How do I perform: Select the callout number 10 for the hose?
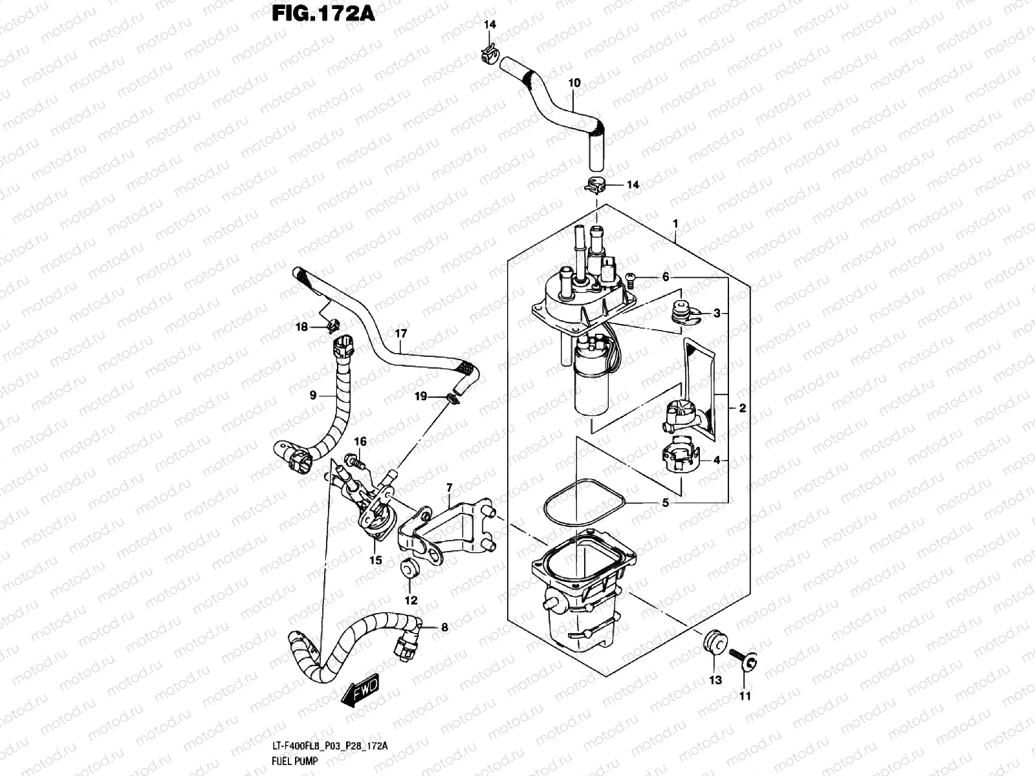(x=574, y=83)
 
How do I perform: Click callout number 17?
(x=400, y=334)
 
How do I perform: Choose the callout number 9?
(x=313, y=395)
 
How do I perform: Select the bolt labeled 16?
(x=353, y=460)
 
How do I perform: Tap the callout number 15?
(x=376, y=560)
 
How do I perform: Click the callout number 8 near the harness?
(x=444, y=627)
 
